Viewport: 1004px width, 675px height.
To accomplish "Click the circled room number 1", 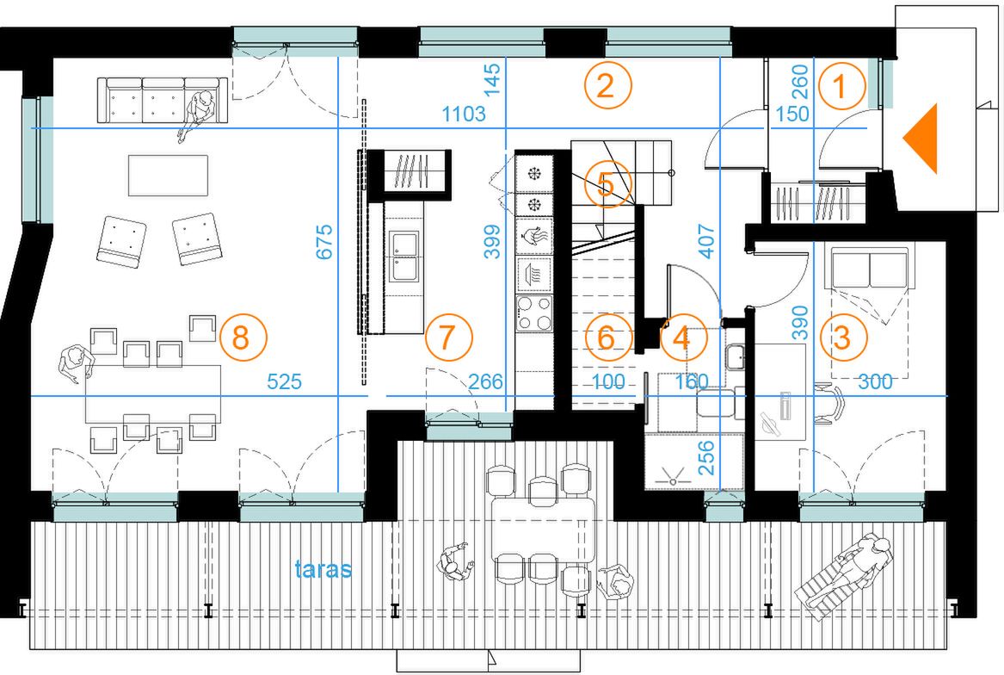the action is coord(841,86).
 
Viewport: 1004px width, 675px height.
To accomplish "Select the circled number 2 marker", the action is coord(607,85).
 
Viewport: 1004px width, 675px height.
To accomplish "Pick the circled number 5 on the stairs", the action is coord(607,184).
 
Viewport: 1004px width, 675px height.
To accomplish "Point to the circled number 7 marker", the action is coord(448,337).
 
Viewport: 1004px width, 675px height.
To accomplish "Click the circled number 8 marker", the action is coord(242,337).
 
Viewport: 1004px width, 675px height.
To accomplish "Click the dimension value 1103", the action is coord(464,115).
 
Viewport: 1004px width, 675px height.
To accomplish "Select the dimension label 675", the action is coord(324,242).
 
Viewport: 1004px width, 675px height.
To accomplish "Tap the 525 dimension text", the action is coord(284,382).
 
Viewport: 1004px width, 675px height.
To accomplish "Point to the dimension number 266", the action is coord(485,382).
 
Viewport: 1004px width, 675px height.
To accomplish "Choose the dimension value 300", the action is coord(875,382).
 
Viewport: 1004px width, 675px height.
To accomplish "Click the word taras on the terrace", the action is coord(323,569).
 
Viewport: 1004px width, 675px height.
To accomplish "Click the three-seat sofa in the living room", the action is coord(163,100).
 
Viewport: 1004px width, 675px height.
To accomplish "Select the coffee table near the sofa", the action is coord(169,175).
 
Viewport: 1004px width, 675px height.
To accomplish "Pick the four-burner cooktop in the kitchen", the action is coord(534,313).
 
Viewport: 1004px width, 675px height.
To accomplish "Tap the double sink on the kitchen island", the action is coord(405,256).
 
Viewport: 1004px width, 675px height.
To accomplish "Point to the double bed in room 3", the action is coord(870,311).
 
